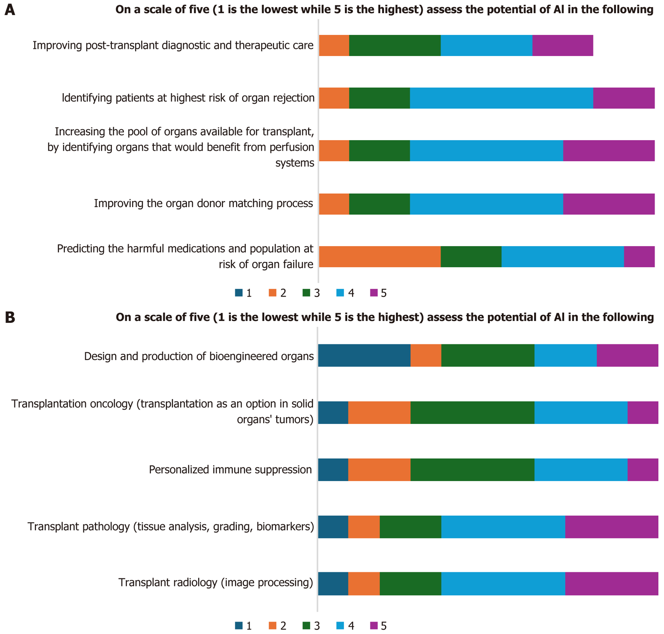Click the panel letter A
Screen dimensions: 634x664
coord(10,10)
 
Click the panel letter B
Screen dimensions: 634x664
coord(10,317)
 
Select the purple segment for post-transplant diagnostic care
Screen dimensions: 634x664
coord(562,45)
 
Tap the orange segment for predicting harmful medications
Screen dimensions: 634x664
coord(380,256)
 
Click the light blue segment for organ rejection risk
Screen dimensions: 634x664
coord(501,98)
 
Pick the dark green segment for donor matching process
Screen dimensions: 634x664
coord(380,204)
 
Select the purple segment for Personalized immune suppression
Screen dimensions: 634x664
coord(642,469)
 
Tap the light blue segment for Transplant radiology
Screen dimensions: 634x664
coord(503,584)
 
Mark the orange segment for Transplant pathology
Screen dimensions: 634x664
coord(364,527)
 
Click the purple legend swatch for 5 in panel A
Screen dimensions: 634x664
coord(374,293)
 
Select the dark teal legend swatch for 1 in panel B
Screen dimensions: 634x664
coord(239,626)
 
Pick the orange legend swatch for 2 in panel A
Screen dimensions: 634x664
coord(272,293)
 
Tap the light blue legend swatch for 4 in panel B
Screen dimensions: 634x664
coord(340,626)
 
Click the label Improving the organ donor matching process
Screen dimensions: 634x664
coord(203,204)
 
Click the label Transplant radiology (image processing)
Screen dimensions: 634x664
coord(216,583)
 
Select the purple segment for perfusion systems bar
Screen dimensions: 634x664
coord(609,151)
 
